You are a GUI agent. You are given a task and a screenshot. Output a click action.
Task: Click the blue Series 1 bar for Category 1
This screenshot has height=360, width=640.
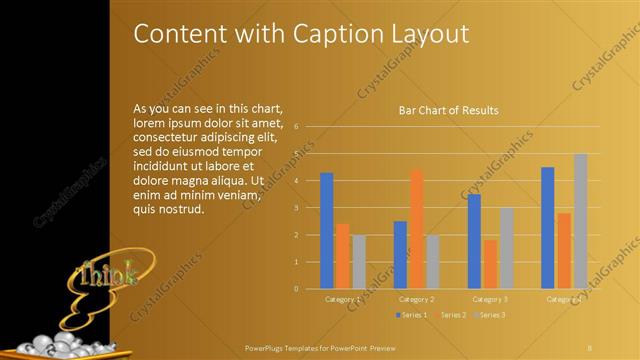327,231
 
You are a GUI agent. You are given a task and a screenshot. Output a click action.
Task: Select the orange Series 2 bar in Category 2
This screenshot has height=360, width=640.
416,229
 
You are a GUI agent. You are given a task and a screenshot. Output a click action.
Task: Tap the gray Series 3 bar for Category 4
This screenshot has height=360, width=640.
580,221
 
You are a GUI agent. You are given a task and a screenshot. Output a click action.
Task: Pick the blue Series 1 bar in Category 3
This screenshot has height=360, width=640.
474,241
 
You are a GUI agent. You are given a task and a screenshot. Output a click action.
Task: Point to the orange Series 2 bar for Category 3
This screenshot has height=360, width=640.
490,264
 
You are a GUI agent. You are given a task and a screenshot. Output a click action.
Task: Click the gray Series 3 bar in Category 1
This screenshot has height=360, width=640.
358,262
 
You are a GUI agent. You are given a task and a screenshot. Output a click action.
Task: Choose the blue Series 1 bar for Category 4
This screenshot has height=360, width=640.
548,228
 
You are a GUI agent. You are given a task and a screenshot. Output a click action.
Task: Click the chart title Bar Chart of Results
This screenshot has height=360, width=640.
448,110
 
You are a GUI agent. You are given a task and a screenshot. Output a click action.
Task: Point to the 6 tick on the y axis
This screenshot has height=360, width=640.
297,127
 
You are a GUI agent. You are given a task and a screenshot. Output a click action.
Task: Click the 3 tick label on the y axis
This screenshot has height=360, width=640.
297,208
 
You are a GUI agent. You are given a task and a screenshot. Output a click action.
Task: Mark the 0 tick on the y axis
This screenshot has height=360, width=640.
297,289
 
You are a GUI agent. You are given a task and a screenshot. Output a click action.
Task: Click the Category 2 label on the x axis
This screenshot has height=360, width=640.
416,299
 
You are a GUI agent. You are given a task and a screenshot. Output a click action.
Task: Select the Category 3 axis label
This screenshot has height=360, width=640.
490,299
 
